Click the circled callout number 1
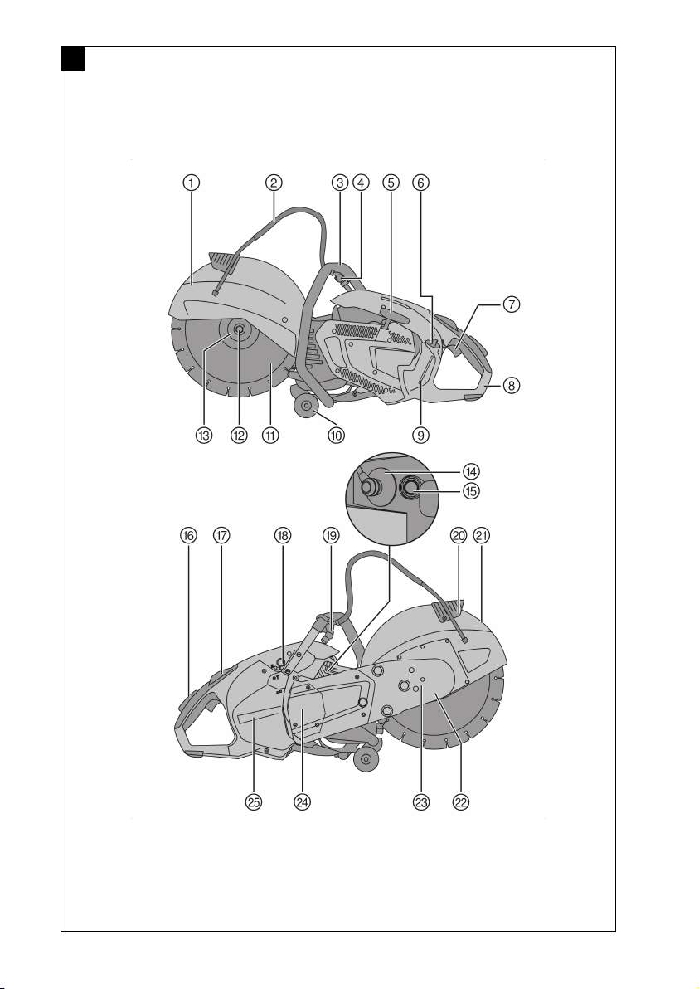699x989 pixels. coord(192,183)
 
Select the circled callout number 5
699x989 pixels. coord(391,183)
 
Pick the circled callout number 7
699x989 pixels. coord(512,305)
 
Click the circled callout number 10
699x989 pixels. coord(335,434)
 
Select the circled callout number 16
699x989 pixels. coord(189,536)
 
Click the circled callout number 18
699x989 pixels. coord(284,536)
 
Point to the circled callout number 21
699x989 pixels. coord(481,536)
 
